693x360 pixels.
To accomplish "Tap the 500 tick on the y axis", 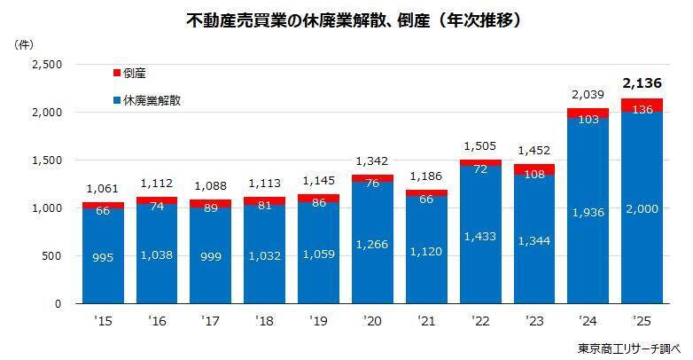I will pyautogui.click(x=51, y=256).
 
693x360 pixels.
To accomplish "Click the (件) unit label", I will pyautogui.click(x=24, y=43).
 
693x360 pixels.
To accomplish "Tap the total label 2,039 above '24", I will pyautogui.click(x=587, y=94).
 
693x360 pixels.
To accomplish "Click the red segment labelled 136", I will pyautogui.click(x=641, y=106).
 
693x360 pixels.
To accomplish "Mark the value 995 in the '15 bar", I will pyautogui.click(x=102, y=256).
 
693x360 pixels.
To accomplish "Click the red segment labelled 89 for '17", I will pyautogui.click(x=210, y=204).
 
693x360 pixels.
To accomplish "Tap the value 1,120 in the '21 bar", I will pyautogui.click(x=425, y=251).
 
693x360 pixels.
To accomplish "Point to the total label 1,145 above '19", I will pyautogui.click(x=317, y=182).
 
